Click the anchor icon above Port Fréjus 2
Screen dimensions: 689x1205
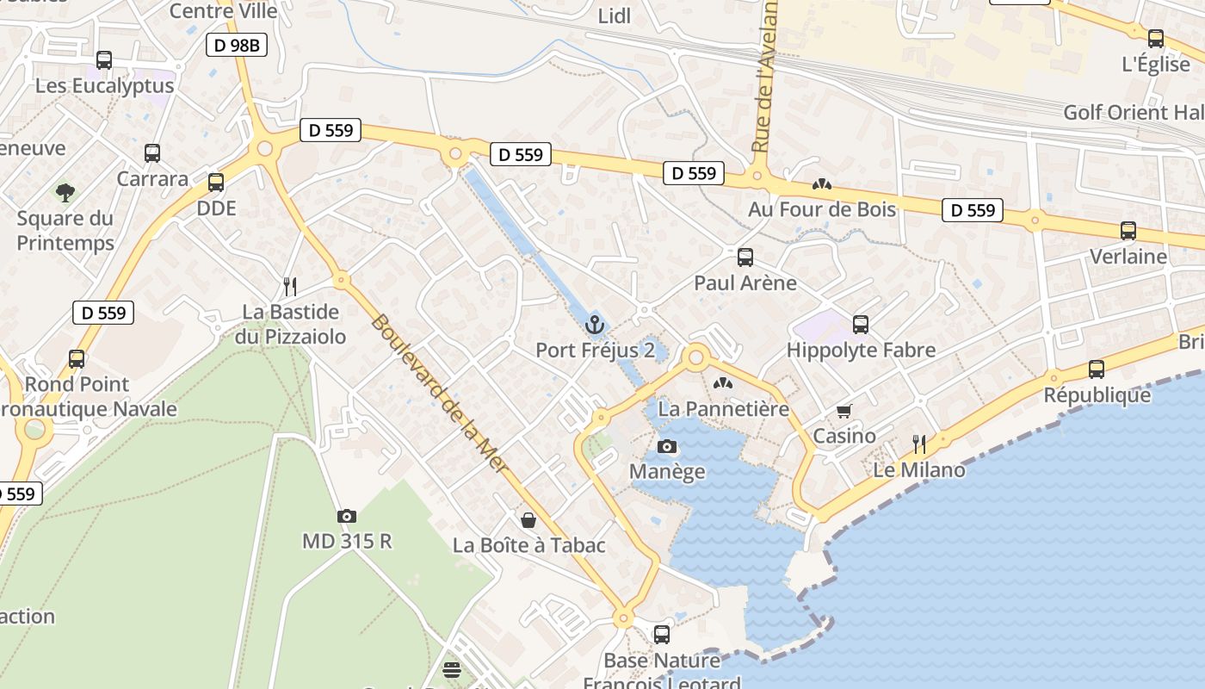tap(594, 325)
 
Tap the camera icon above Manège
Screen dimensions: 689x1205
tap(666, 446)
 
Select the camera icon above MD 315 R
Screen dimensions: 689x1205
tap(347, 516)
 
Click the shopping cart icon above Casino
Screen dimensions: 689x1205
tap(843, 411)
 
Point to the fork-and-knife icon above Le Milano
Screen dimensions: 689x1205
tap(919, 444)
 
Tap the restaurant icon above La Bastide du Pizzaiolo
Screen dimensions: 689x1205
tap(290, 286)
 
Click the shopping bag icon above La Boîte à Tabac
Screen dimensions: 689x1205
tap(528, 519)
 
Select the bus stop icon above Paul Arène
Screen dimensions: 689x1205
tap(745, 257)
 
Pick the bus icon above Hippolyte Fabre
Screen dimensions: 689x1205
tap(861, 325)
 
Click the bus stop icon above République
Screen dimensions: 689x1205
tap(1097, 369)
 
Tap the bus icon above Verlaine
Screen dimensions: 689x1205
tap(1128, 231)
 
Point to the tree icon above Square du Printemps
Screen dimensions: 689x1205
tap(65, 192)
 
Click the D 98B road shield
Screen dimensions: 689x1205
tap(236, 45)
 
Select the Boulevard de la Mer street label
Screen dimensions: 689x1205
tap(439, 397)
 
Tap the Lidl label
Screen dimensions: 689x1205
tap(615, 16)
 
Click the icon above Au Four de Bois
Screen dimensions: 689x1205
tap(821, 184)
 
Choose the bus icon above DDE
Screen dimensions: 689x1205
tap(216, 183)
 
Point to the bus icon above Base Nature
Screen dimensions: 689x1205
tap(662, 634)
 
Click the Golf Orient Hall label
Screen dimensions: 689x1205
tap(1134, 113)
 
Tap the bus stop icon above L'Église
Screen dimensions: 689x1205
tap(1156, 39)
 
